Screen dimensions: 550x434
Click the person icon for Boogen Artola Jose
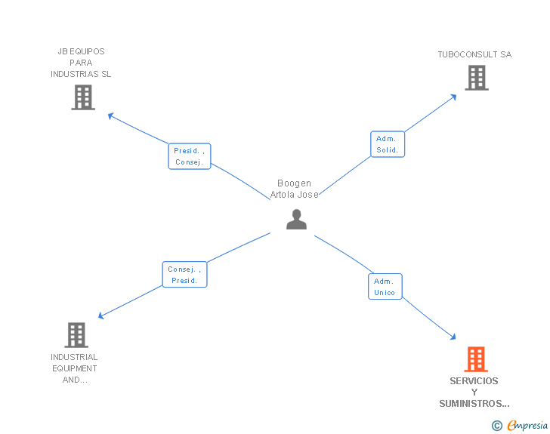[x=296, y=219]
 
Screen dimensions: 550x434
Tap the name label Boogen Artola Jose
[x=295, y=189]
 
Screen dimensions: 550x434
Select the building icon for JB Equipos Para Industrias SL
[x=83, y=97]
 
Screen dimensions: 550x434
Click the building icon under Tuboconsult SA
[x=476, y=78]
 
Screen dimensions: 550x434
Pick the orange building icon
[x=475, y=359]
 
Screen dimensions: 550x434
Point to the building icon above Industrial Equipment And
[x=76, y=335]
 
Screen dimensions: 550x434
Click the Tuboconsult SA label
[x=474, y=54]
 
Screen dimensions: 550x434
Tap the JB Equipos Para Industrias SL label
[x=81, y=63]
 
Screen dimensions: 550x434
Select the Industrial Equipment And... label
[x=74, y=368]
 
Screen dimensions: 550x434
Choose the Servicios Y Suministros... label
[x=474, y=392]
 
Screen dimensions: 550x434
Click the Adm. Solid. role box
[x=388, y=144]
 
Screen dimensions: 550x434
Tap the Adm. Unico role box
[x=385, y=287]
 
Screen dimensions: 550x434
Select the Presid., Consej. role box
[x=189, y=156]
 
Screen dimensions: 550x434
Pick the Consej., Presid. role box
[x=184, y=275]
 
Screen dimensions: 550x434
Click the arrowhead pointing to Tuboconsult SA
[x=453, y=96]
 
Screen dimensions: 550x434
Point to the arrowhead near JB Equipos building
[x=111, y=116]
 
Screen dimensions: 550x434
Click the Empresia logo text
[x=527, y=426]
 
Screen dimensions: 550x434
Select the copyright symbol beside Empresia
[x=496, y=426]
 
